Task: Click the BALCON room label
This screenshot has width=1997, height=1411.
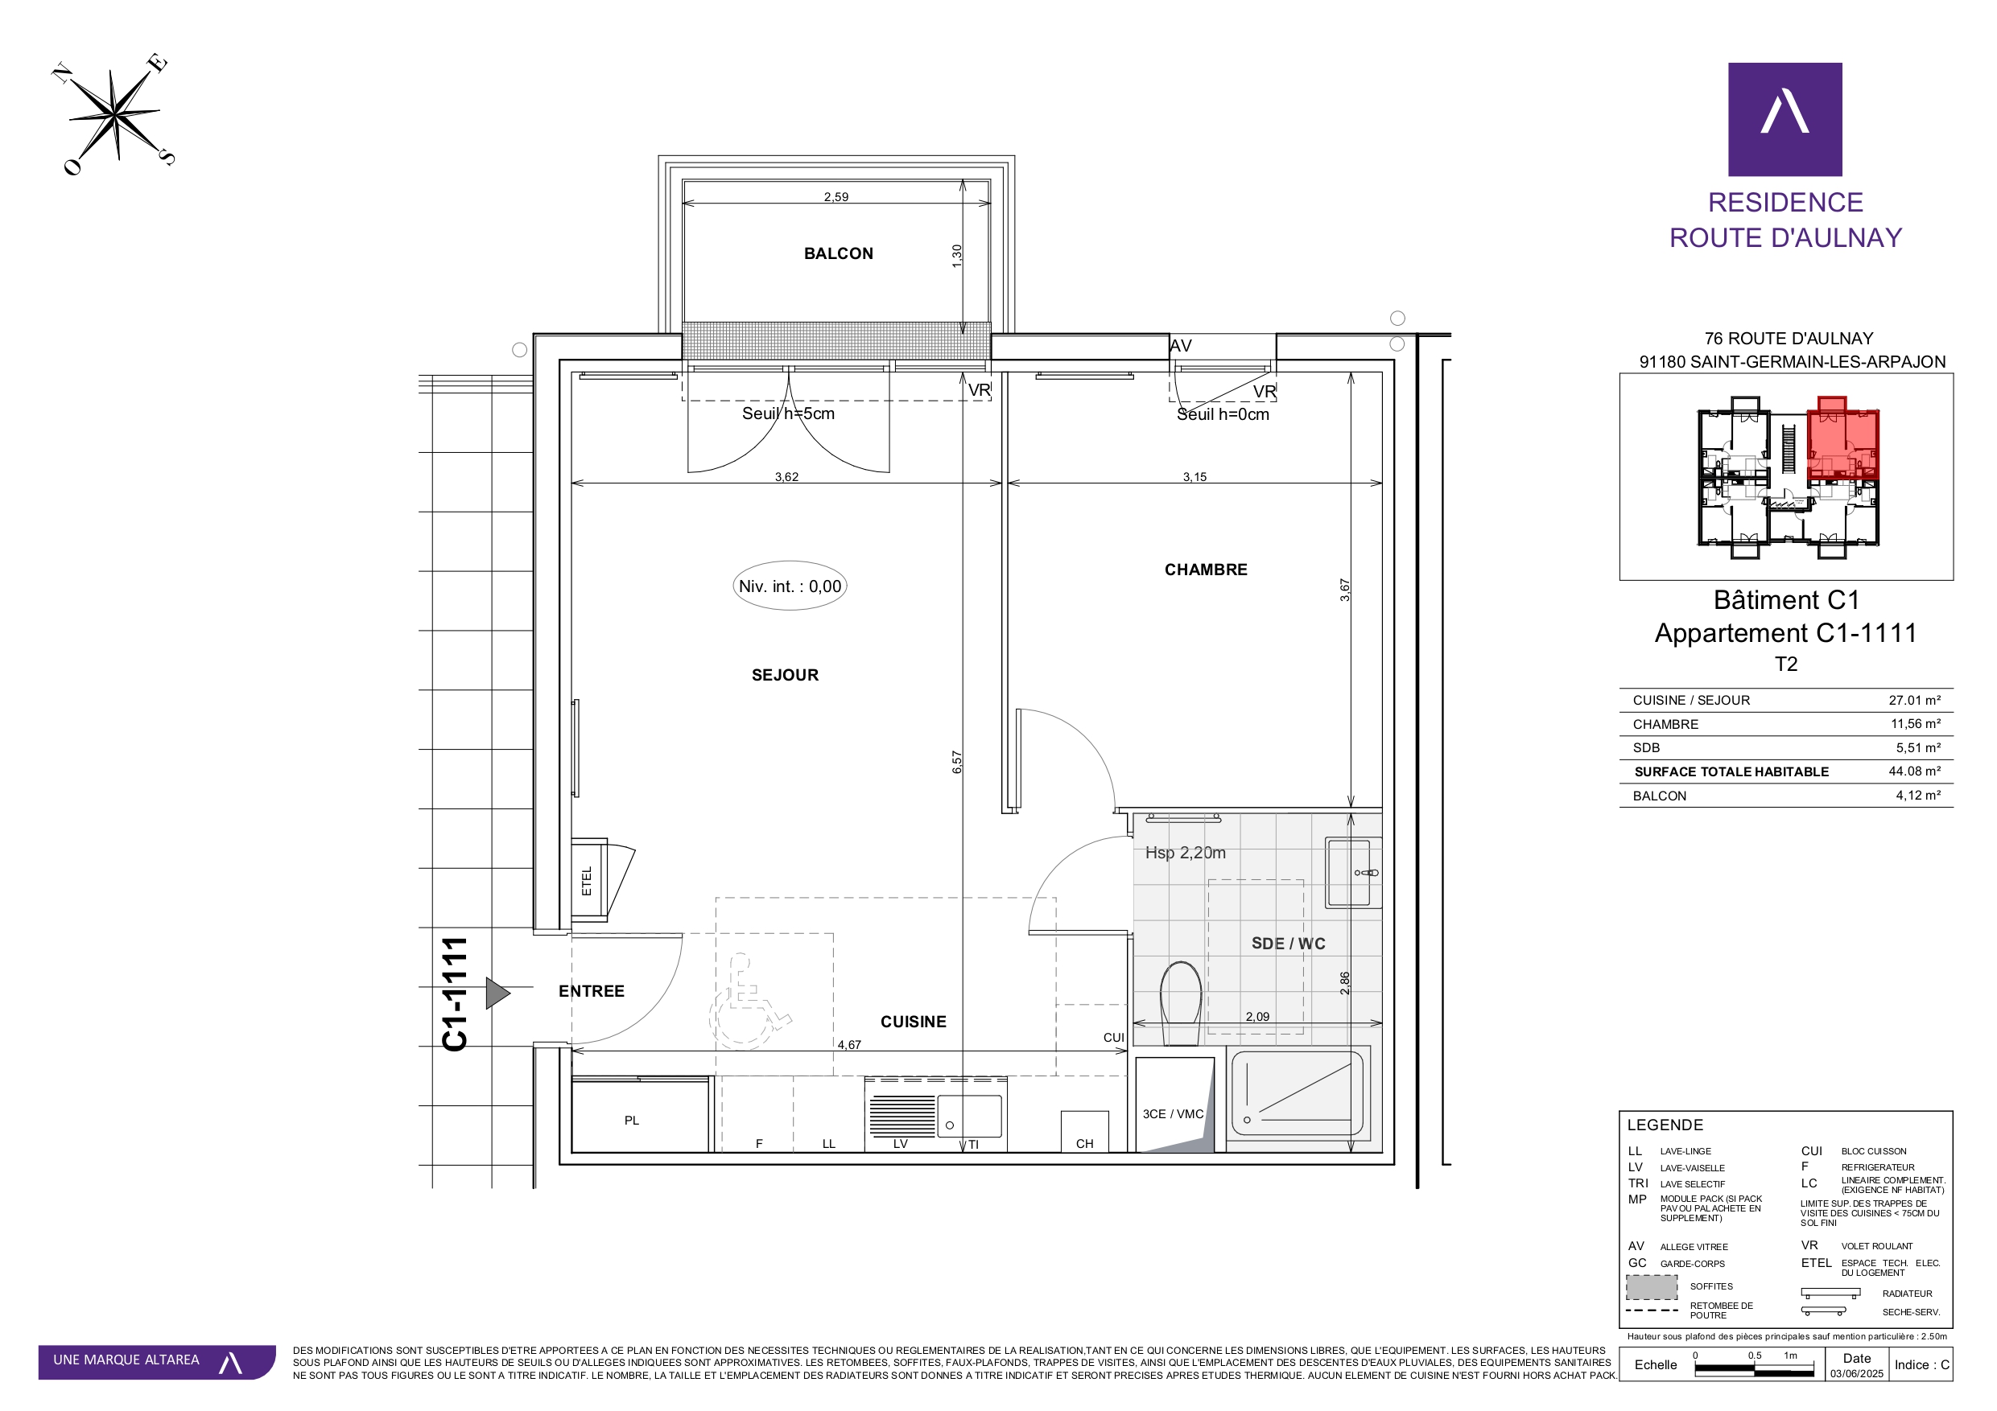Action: tap(838, 254)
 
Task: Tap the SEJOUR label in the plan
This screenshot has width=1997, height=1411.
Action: tap(785, 676)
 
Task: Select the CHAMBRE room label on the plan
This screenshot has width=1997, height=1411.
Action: tap(1206, 570)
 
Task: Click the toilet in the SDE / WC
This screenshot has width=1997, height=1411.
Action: tap(1181, 1002)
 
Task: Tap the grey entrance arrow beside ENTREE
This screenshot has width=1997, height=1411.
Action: tap(497, 993)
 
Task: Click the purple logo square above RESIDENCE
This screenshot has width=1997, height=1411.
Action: tap(1785, 119)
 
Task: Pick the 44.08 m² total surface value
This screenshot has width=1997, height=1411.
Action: tap(1914, 771)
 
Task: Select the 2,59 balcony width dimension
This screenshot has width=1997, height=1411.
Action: tap(836, 197)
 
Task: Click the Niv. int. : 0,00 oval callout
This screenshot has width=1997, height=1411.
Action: tap(790, 586)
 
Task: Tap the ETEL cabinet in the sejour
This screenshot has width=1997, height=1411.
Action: tap(589, 881)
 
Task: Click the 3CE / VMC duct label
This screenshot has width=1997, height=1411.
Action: tap(1173, 1113)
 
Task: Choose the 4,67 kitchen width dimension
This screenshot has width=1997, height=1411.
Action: tap(849, 1045)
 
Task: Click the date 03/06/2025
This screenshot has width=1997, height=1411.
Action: tap(1856, 1374)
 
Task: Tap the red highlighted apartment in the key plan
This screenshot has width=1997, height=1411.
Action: tap(1842, 440)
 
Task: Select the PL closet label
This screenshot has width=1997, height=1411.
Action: tap(631, 1121)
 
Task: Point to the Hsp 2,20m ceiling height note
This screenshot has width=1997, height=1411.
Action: tap(1185, 853)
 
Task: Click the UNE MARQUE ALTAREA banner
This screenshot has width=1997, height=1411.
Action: tap(157, 1361)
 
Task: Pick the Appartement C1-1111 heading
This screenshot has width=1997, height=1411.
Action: tap(1785, 633)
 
